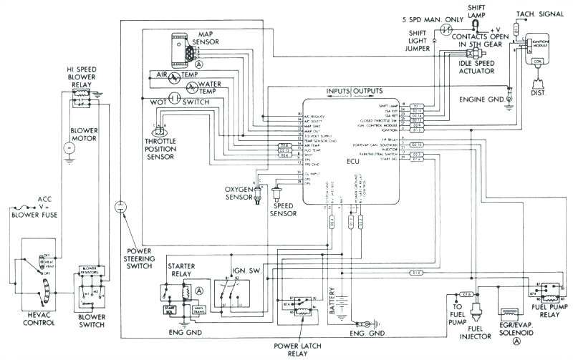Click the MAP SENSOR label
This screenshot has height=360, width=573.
[215, 37]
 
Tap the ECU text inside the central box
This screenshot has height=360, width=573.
[352, 161]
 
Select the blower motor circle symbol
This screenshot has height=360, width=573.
[69, 147]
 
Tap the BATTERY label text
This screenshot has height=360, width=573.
[332, 301]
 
